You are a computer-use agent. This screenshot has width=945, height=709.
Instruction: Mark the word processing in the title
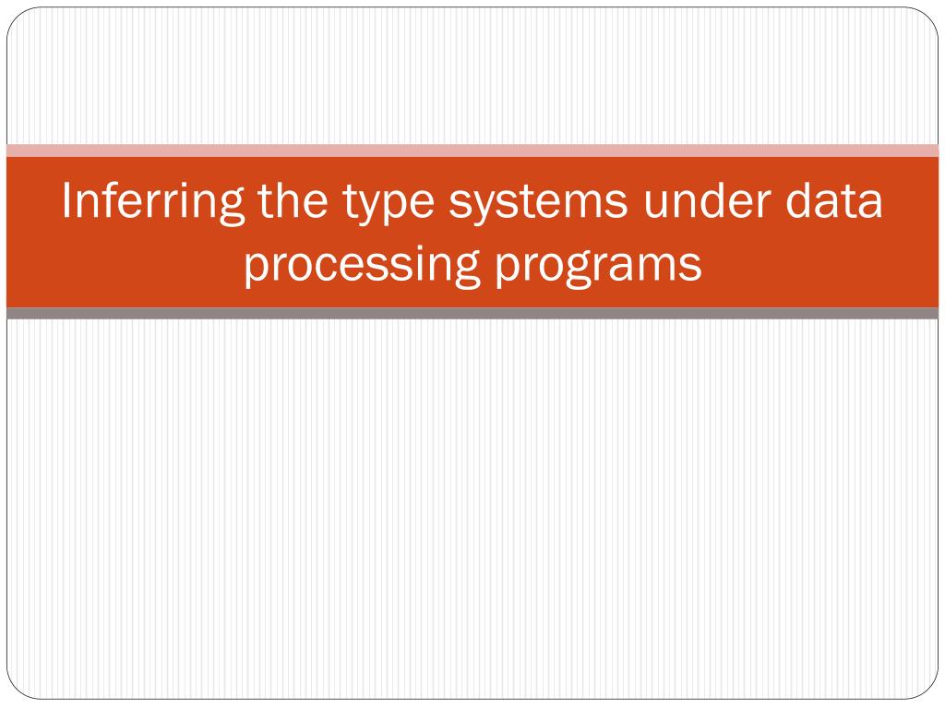point(361,266)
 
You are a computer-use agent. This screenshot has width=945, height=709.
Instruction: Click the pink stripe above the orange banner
point(472,150)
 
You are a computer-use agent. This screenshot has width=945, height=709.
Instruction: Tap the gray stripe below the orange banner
point(472,314)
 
